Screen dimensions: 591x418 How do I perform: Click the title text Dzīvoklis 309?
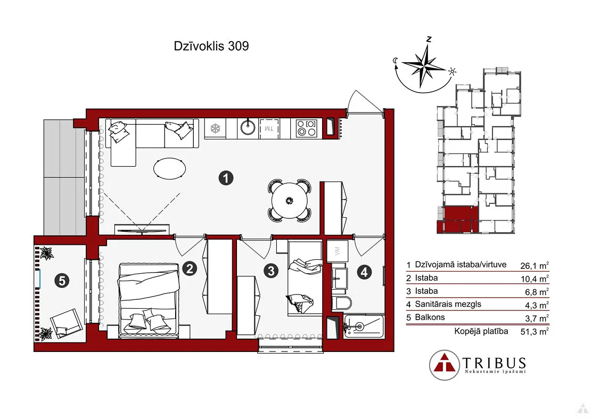(211, 46)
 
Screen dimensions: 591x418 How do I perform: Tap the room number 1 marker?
(226, 177)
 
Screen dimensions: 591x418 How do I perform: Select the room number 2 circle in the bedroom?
(190, 268)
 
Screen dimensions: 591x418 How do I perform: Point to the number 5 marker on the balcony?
(62, 281)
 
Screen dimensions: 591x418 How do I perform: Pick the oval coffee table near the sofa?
(170, 168)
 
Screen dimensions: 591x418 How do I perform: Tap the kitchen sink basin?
(247, 128)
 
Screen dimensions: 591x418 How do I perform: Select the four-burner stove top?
(307, 128)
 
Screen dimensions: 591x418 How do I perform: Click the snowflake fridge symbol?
(215, 128)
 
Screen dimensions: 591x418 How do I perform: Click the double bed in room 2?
(149, 300)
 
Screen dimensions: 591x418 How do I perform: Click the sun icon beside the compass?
(452, 71)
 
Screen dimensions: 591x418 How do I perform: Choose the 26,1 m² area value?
(534, 265)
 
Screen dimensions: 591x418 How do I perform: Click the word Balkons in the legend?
(430, 317)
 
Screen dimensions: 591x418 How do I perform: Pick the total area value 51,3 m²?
(534, 331)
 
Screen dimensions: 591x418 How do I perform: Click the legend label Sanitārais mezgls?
(448, 304)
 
